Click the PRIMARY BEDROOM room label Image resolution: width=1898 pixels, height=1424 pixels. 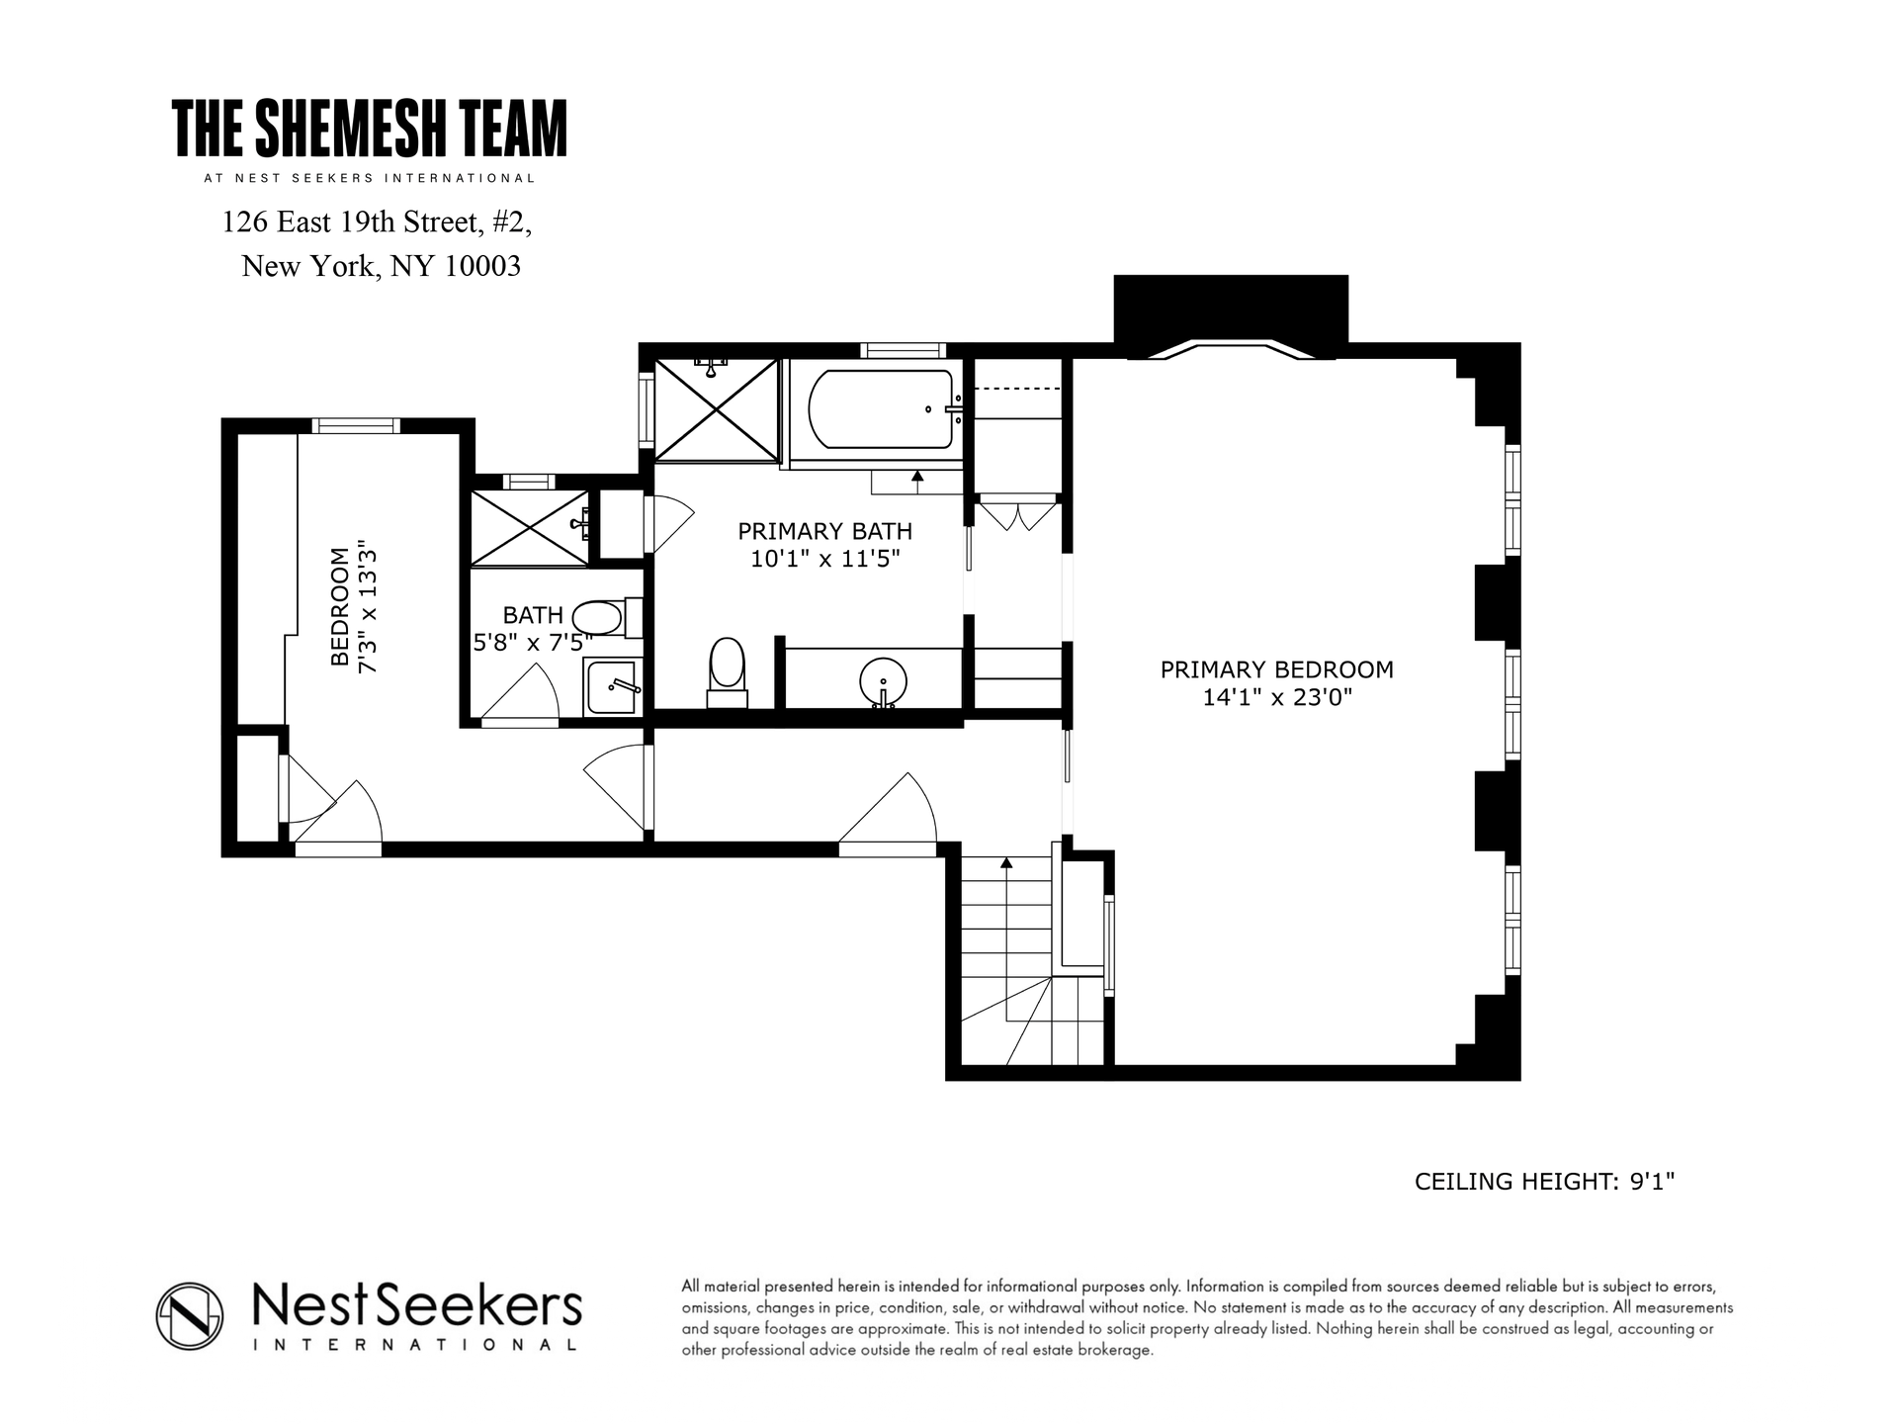(1276, 669)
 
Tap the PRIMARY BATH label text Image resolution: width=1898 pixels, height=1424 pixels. (824, 531)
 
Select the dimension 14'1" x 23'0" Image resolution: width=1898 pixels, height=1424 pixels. (1276, 698)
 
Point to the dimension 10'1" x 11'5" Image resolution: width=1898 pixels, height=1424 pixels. (824, 560)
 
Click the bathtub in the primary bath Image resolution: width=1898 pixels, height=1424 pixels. (881, 408)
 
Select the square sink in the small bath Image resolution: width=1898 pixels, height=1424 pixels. (612, 685)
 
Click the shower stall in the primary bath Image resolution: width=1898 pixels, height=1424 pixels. (717, 409)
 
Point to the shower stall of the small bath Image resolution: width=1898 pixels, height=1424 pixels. (530, 528)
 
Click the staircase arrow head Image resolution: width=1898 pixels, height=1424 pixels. (1006, 862)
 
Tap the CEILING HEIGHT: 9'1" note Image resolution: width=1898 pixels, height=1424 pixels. (1544, 1182)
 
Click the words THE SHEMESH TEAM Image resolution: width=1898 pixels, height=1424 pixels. (370, 129)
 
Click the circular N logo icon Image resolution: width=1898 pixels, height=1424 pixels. (189, 1315)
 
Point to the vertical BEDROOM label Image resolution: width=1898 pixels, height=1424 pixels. (340, 606)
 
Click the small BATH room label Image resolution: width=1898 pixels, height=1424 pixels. (533, 616)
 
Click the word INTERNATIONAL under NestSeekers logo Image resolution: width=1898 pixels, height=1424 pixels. (415, 1345)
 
